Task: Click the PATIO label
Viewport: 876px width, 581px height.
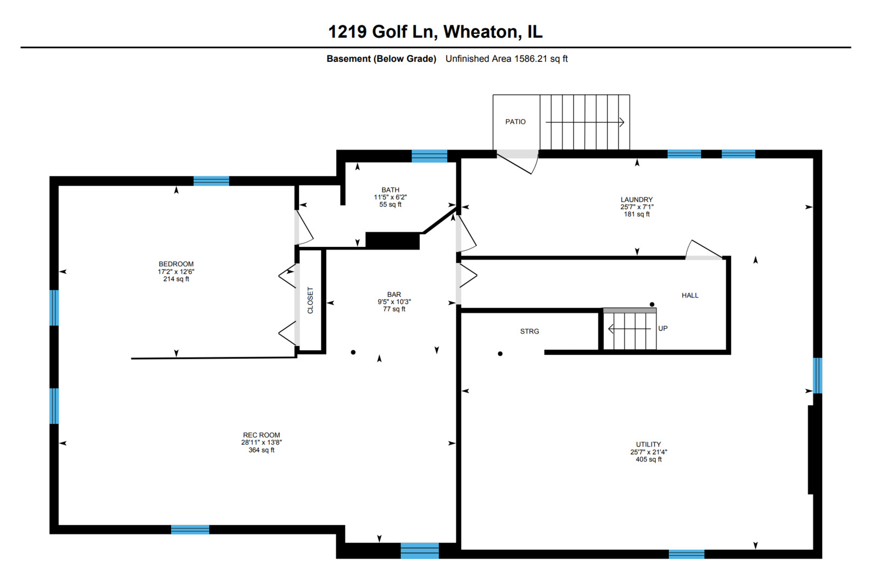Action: pyautogui.click(x=515, y=122)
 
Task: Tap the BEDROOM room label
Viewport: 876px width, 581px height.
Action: pyautogui.click(x=176, y=264)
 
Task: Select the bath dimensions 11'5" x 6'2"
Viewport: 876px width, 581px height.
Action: pyautogui.click(x=390, y=197)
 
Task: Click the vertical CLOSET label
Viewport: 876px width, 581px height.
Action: pyautogui.click(x=310, y=300)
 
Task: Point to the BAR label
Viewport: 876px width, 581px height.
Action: pyautogui.click(x=394, y=294)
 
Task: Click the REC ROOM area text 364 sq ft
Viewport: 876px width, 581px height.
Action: pyautogui.click(x=262, y=450)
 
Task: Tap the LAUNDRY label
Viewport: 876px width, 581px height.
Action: pyautogui.click(x=637, y=200)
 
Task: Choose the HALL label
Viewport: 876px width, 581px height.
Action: pyautogui.click(x=690, y=295)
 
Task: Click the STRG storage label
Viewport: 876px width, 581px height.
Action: pyautogui.click(x=529, y=331)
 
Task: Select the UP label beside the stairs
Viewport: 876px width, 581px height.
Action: pyautogui.click(x=663, y=328)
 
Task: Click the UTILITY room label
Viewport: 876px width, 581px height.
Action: pyautogui.click(x=648, y=444)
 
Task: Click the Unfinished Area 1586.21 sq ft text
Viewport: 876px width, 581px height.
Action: pyautogui.click(x=506, y=59)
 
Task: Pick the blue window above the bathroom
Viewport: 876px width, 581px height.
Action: pyautogui.click(x=429, y=157)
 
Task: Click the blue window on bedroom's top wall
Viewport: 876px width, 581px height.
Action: pyautogui.click(x=211, y=181)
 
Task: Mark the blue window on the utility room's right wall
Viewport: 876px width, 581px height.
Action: pyautogui.click(x=817, y=375)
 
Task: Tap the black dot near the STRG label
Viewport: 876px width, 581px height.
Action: pyautogui.click(x=500, y=354)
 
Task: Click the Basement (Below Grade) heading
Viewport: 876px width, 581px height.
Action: pyautogui.click(x=381, y=59)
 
